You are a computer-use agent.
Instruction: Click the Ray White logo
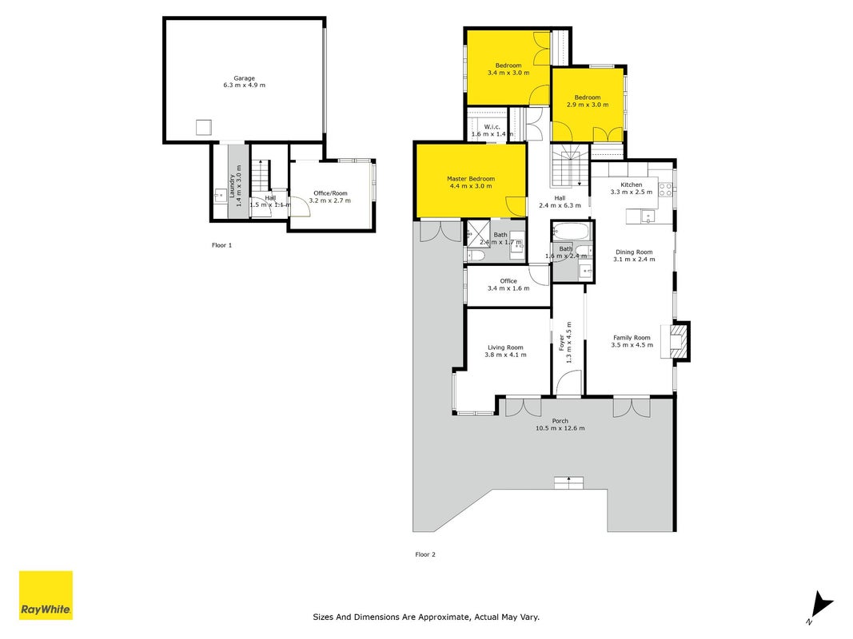[46, 595]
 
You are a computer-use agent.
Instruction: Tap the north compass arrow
[821, 605]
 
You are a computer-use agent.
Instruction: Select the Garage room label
[245, 78]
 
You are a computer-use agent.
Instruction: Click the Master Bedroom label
[471, 179]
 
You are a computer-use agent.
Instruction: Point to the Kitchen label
[632, 185]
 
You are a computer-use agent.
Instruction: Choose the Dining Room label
[634, 252]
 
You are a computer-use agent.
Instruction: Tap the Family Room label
[632, 337]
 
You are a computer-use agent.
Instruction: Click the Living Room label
[505, 347]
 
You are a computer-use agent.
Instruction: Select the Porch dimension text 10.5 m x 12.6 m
[560, 428]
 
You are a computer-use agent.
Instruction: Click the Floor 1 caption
[222, 245]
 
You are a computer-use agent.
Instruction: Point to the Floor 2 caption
[425, 554]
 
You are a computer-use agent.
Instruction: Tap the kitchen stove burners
[665, 189]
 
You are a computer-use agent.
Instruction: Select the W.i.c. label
[492, 127]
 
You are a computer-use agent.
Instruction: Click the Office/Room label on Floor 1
[330, 192]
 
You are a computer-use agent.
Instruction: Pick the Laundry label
[232, 186]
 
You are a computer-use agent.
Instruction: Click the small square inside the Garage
[204, 127]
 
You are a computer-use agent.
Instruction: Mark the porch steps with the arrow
[569, 482]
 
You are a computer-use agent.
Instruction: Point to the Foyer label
[562, 343]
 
